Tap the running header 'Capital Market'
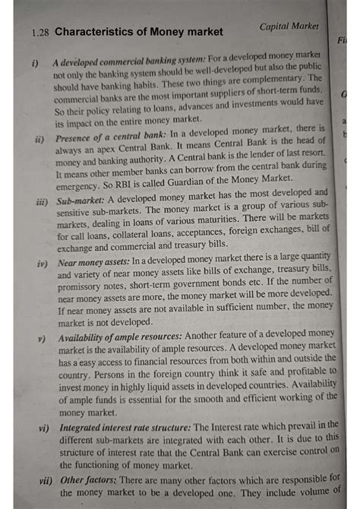click(289, 26)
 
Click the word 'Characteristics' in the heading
click(93, 32)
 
